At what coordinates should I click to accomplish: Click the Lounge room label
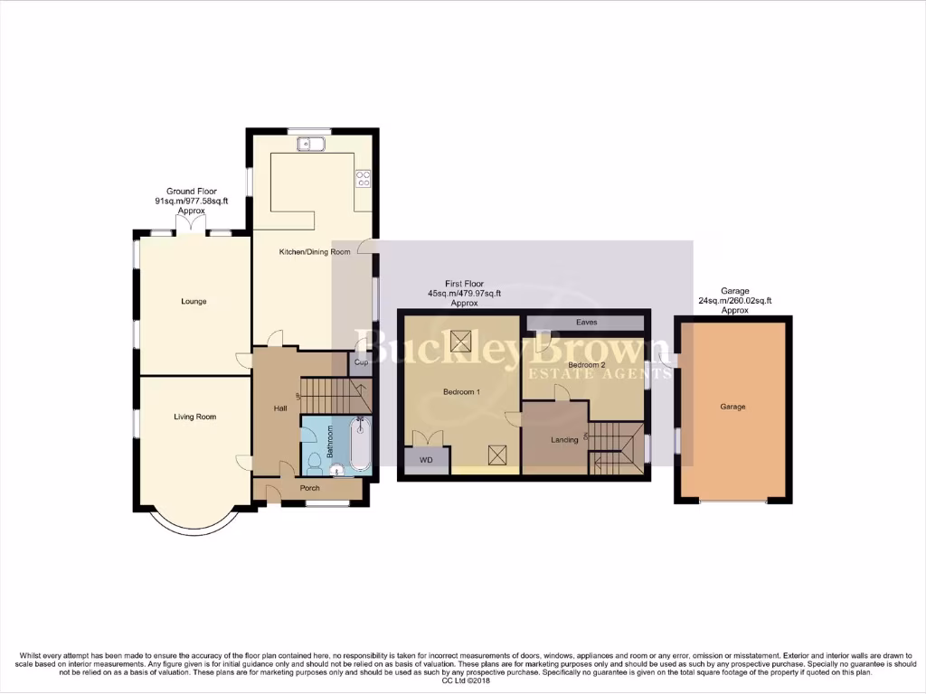[x=194, y=301]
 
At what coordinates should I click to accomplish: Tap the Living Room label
[x=195, y=417]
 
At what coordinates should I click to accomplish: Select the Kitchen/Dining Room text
[x=314, y=252]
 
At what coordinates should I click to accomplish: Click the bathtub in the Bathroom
[x=360, y=445]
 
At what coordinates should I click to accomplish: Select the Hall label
[x=280, y=408]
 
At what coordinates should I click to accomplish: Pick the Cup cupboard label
[x=360, y=362]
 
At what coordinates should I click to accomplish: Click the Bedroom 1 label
[x=461, y=391]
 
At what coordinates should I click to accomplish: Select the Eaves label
[x=586, y=322]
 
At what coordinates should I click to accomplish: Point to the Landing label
[x=565, y=440]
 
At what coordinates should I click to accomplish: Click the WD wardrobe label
[x=427, y=460]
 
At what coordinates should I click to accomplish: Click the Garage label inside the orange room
[x=732, y=407]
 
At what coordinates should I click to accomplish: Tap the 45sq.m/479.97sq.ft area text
[x=464, y=294]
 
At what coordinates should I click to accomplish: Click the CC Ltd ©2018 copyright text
[x=463, y=680]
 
